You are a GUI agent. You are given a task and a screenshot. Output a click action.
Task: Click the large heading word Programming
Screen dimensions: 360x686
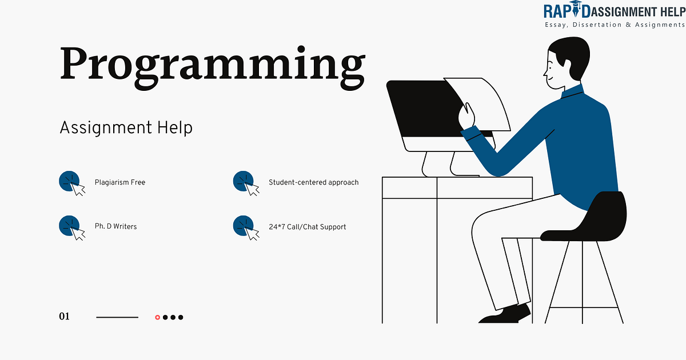[212, 64]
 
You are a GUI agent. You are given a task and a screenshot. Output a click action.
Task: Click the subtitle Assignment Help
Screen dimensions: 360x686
[126, 127]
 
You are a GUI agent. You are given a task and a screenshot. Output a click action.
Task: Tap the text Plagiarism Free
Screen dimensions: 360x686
[120, 182]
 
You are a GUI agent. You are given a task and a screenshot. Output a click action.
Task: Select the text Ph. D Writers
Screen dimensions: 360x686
[115, 226]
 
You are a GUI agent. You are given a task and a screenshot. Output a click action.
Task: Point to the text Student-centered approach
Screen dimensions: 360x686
[313, 182]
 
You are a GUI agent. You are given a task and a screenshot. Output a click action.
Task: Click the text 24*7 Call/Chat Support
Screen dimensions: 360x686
[307, 226]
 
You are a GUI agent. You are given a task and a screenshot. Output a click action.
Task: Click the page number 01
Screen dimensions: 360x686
[64, 317]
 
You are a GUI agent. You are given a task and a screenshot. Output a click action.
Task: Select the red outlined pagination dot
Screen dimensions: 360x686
[158, 317]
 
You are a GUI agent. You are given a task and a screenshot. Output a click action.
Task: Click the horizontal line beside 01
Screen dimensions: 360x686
[117, 317]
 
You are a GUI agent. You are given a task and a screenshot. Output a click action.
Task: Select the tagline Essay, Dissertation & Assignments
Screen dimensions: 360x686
[613, 26]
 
